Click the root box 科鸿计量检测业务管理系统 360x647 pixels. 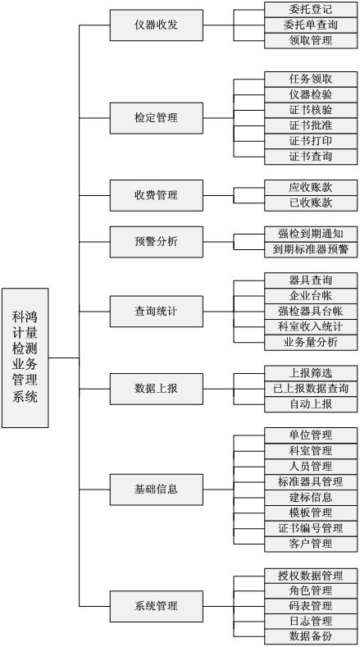click(x=25, y=358)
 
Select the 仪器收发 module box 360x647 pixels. click(x=157, y=25)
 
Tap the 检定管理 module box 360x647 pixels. click(x=157, y=118)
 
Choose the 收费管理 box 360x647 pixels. click(x=157, y=195)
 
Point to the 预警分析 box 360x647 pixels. click(x=157, y=242)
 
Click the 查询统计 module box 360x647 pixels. click(x=157, y=312)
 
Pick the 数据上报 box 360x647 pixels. click(x=157, y=389)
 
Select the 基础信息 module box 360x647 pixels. click(x=157, y=490)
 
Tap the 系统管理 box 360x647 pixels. click(x=157, y=606)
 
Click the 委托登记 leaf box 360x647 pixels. click(x=311, y=10)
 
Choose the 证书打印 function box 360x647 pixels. click(x=311, y=141)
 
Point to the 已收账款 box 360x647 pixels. click(x=311, y=203)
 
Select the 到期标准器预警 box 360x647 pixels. click(x=311, y=249)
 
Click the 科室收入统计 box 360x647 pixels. click(x=311, y=327)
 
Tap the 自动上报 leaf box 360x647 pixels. click(x=311, y=404)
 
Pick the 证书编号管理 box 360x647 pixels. click(x=311, y=528)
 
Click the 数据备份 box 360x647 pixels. click(x=311, y=636)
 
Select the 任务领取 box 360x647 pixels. click(x=311, y=80)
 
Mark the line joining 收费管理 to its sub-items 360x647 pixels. click(x=218, y=195)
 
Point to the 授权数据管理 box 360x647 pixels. click(x=311, y=575)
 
